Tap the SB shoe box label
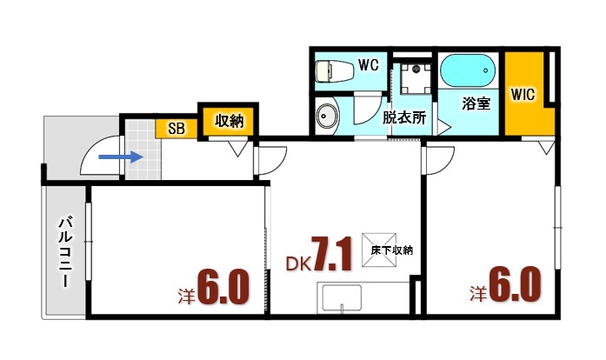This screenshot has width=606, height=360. (x=176, y=129)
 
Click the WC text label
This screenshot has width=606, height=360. (x=367, y=64)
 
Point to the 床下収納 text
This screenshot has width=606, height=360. (x=391, y=250)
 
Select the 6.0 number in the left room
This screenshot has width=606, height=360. (x=224, y=287)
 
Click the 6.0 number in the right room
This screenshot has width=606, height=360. (x=516, y=284)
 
